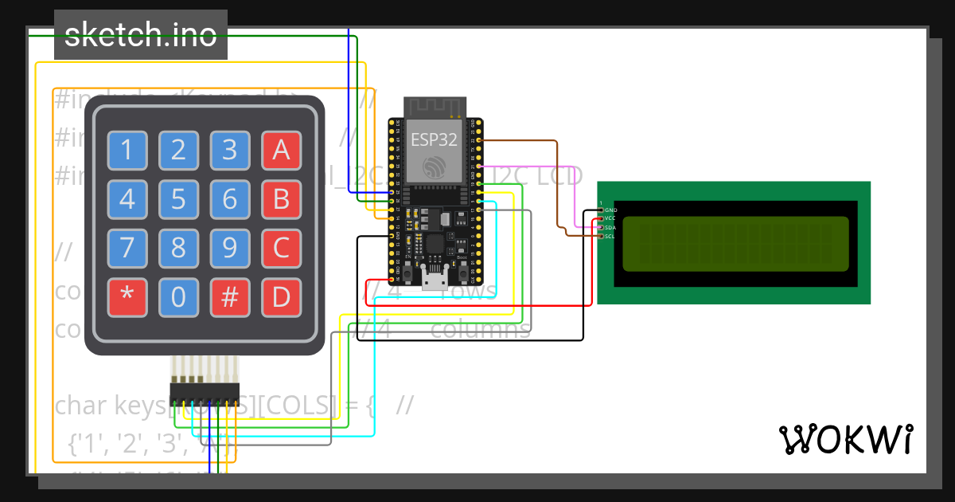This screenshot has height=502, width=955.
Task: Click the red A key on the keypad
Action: click(281, 151)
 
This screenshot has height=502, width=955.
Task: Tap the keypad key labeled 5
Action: click(178, 199)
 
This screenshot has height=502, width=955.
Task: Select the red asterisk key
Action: click(127, 297)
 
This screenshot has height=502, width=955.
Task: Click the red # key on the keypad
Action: click(230, 297)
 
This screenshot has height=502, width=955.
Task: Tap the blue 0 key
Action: click(178, 297)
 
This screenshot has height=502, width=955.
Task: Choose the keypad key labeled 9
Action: click(230, 249)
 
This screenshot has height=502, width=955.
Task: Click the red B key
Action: click(281, 199)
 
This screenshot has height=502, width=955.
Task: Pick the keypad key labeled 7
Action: click(127, 249)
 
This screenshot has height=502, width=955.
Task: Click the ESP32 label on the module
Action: click(434, 140)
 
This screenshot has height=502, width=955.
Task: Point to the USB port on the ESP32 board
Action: click(435, 278)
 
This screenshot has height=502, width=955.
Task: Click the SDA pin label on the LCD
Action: click(610, 227)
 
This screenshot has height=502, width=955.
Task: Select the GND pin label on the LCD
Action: click(611, 210)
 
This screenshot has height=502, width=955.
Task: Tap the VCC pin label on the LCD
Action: click(610, 218)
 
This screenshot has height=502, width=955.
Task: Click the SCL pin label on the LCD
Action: click(610, 236)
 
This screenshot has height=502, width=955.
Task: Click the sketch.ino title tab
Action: click(141, 35)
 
